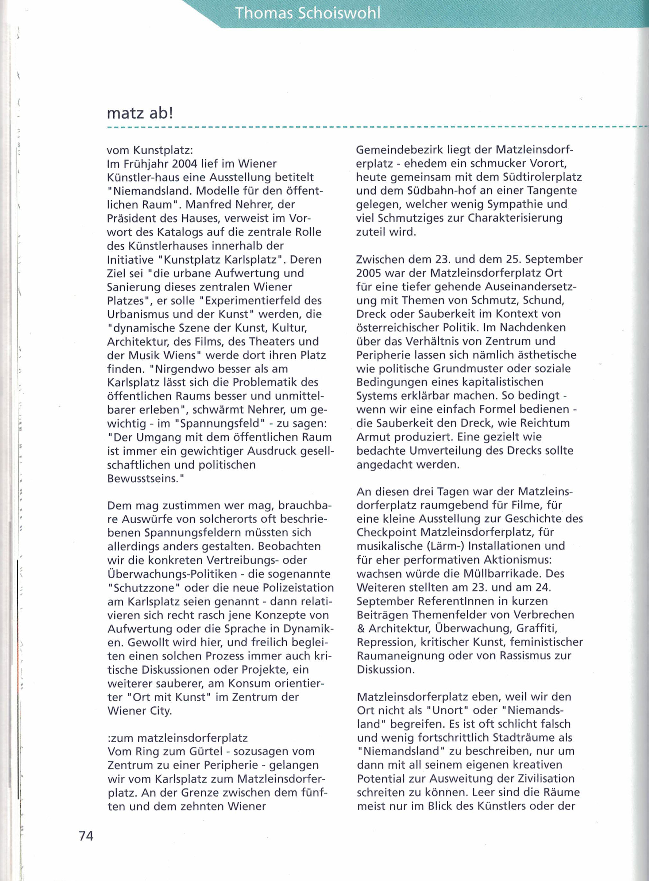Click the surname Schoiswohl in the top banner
pos(339,13)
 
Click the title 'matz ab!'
pos(140,114)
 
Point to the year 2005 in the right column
pos(368,273)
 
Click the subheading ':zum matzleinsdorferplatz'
pos(177,738)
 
